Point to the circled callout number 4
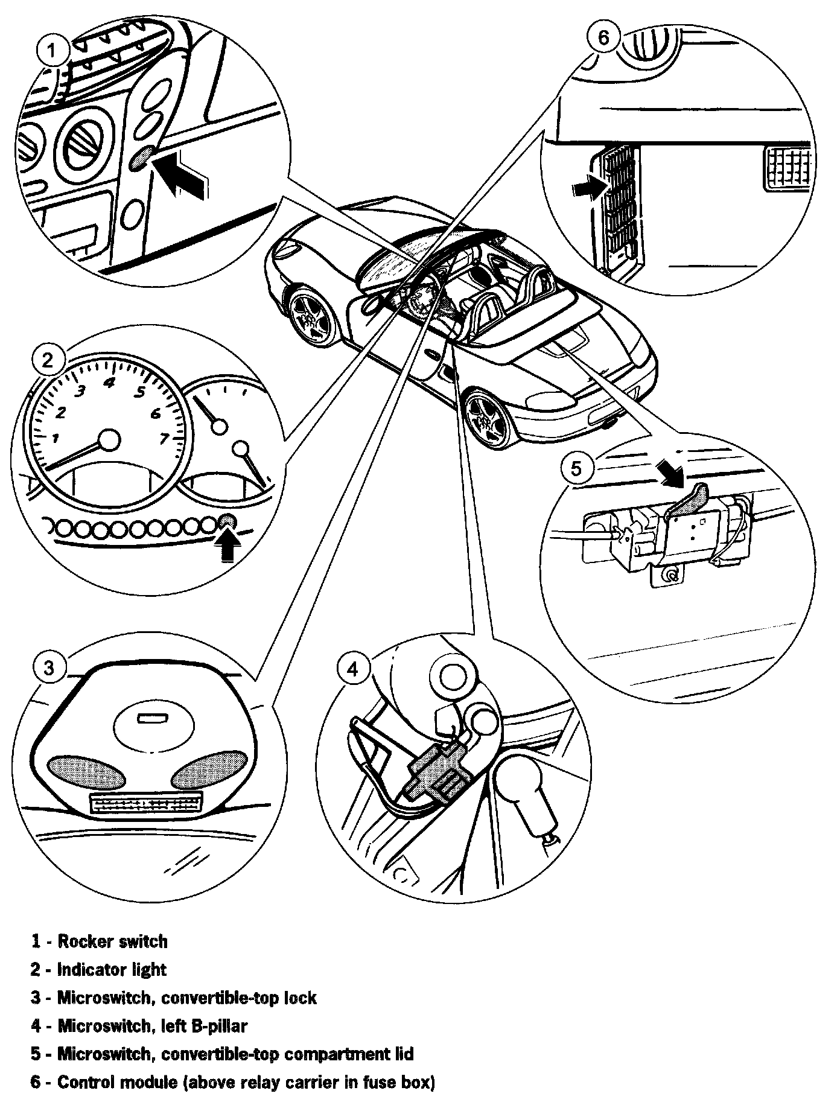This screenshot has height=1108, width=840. point(353,669)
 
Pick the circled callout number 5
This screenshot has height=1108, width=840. point(577,468)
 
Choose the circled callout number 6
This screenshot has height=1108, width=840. point(603,37)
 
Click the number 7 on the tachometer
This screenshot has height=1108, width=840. point(164,439)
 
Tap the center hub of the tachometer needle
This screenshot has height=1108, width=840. point(109,440)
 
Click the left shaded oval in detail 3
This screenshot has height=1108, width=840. point(78,771)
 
